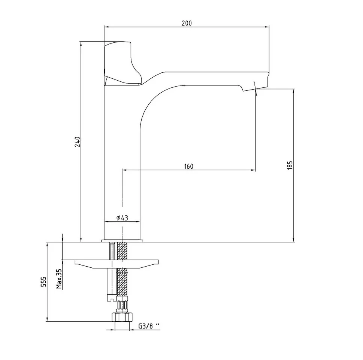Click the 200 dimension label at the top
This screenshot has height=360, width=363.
coord(187,23)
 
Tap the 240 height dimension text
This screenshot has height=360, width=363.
coord(77,142)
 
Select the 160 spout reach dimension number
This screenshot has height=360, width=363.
coord(188,166)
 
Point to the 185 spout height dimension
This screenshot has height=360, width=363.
coord(290,165)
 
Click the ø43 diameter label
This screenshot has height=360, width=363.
coord(122,217)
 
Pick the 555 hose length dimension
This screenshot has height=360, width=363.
coord(43,282)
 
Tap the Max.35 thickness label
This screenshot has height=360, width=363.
coord(59,279)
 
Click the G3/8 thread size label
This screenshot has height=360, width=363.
coord(149,326)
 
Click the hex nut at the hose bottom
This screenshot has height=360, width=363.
coord(122,317)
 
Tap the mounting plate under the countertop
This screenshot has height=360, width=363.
coord(117,264)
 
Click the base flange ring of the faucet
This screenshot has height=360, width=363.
coord(122,241)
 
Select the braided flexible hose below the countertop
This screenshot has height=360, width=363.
coord(122,271)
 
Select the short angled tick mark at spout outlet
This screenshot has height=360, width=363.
coord(255,88)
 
